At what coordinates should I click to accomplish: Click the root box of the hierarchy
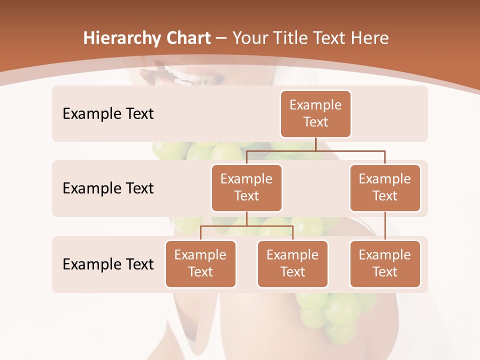pos(315,114)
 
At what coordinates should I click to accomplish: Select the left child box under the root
pos(246,188)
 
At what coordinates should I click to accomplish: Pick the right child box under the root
pos(385,188)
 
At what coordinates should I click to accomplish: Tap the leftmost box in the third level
pos(200,264)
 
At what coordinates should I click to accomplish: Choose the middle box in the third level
pos(292,264)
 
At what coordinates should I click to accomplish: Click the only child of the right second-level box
pos(385,264)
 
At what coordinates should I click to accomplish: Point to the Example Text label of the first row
pos(108,114)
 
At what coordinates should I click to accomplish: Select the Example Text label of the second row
pos(108,188)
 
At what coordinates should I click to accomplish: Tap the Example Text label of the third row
pos(108,264)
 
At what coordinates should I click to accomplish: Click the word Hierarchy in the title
pos(121,38)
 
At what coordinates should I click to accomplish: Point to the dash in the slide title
pos(221,38)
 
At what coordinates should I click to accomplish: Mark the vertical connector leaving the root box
pos(315,144)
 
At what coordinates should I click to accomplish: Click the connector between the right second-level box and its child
pos(385,226)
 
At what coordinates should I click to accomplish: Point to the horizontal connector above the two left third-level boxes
pos(246,226)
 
